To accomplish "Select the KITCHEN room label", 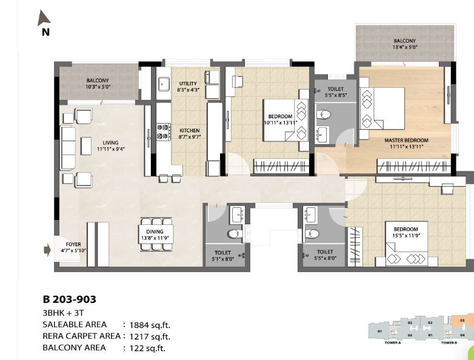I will [x=189, y=130].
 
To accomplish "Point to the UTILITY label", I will [x=189, y=84].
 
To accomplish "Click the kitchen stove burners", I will [x=162, y=132].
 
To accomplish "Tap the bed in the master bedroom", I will [x=382, y=107].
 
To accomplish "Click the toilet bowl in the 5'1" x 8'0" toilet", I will [x=233, y=233].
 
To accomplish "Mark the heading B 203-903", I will [x=69, y=299].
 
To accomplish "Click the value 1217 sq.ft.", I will [x=151, y=336].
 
